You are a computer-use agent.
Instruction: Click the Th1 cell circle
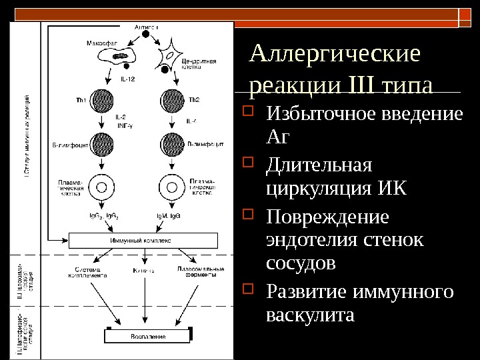coord(103,101)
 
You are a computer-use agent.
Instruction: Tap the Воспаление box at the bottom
coord(148,335)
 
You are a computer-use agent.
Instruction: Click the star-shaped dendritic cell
coord(171,58)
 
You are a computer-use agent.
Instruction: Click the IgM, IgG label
coord(171,217)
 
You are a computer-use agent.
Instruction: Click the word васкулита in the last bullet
coord(310,313)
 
